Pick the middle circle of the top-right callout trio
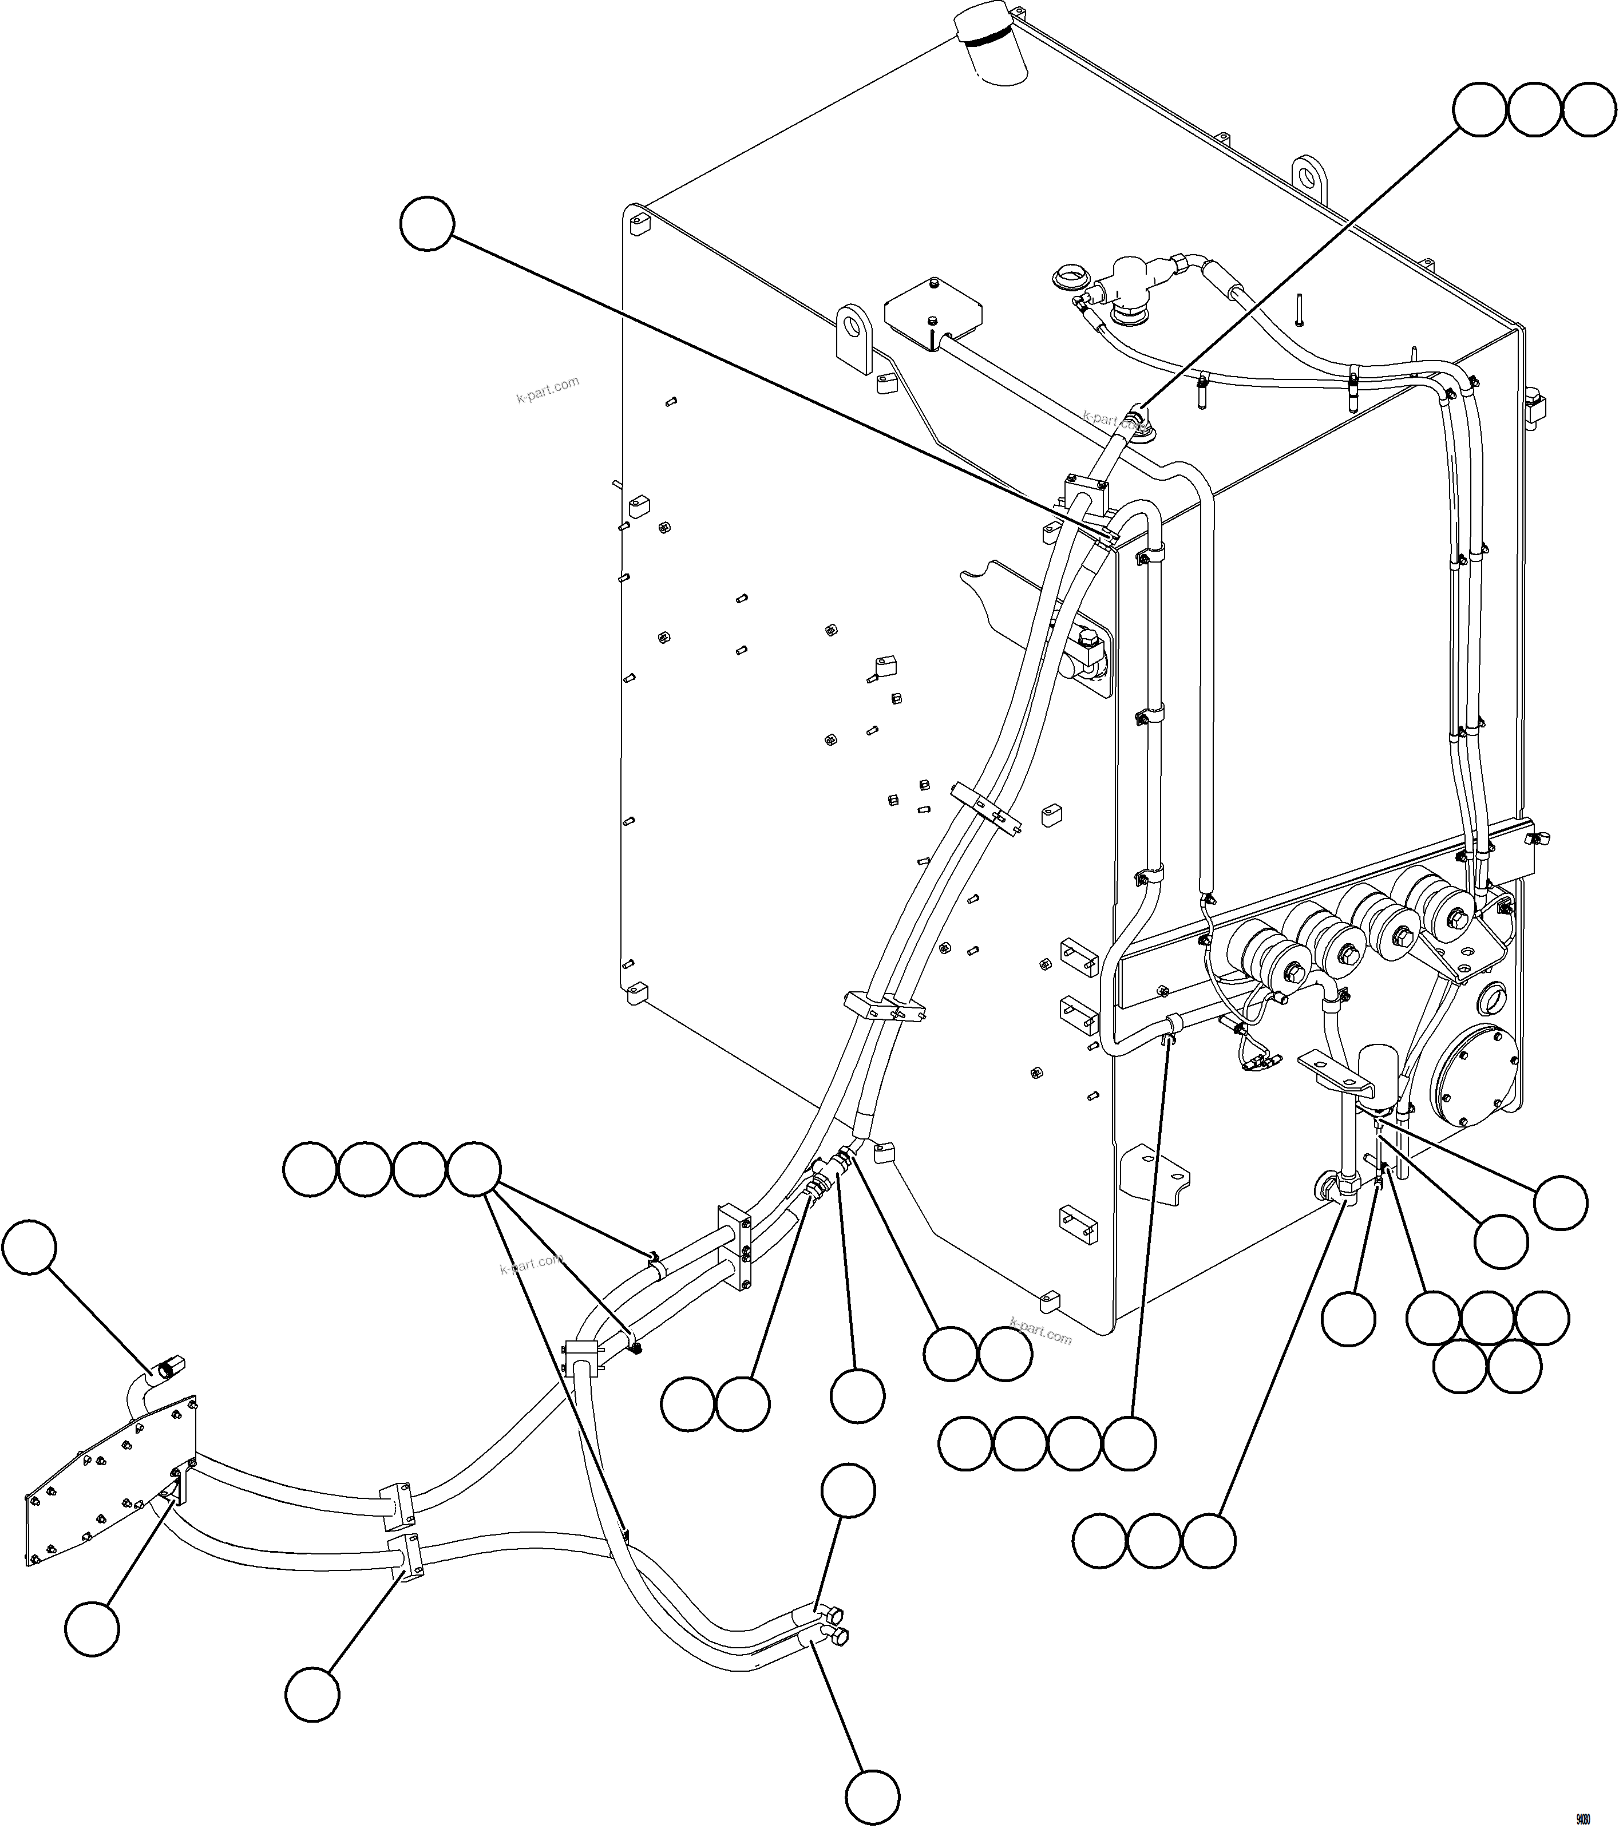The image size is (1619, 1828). click(x=1534, y=110)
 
